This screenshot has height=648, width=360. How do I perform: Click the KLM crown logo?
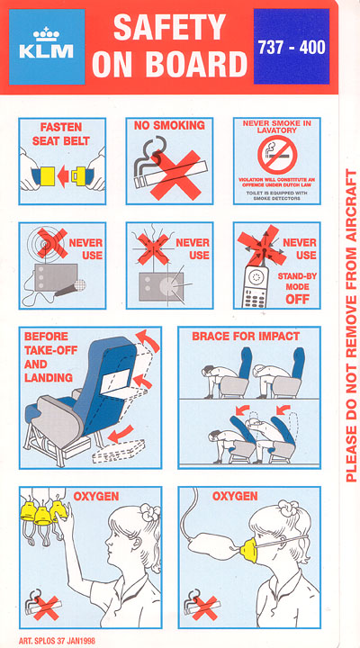46,34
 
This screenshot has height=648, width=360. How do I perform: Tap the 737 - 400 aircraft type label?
292,48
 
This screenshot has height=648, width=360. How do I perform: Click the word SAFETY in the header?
170,27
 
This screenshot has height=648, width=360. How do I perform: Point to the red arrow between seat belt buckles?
63,176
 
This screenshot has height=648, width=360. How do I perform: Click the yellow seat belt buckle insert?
49,176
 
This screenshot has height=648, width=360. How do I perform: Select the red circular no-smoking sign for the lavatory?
277,155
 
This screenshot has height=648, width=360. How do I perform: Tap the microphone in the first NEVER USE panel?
71,288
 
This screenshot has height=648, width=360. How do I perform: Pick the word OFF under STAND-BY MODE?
298,299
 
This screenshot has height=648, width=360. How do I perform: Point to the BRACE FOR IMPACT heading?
246,336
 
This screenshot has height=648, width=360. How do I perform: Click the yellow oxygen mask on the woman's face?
248,549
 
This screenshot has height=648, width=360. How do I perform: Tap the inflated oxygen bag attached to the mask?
213,545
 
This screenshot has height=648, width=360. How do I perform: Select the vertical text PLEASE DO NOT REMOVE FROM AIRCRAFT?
350,325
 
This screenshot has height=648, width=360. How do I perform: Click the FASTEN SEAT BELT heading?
62,133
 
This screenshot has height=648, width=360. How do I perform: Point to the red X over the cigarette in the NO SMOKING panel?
176,175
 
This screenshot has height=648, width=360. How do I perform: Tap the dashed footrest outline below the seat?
119,451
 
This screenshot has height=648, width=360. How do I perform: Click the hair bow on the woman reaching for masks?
149,513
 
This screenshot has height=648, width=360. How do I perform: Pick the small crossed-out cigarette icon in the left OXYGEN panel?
42,605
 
